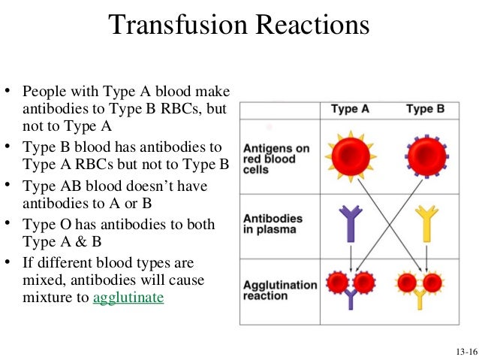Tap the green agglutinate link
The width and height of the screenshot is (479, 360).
click(x=128, y=297)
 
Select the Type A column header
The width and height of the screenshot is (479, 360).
click(x=350, y=109)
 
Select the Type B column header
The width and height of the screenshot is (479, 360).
click(x=425, y=109)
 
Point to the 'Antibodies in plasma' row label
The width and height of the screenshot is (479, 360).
click(x=273, y=224)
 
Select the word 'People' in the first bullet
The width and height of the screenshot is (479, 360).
click(x=42, y=92)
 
